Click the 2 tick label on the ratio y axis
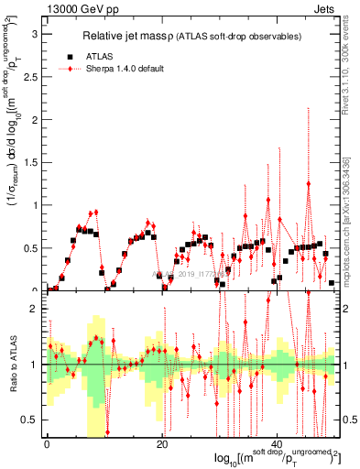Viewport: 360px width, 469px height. (35, 310)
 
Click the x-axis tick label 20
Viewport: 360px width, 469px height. (161, 444)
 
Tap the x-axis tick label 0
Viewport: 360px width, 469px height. (47, 444)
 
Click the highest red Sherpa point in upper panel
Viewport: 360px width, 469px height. (309, 183)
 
